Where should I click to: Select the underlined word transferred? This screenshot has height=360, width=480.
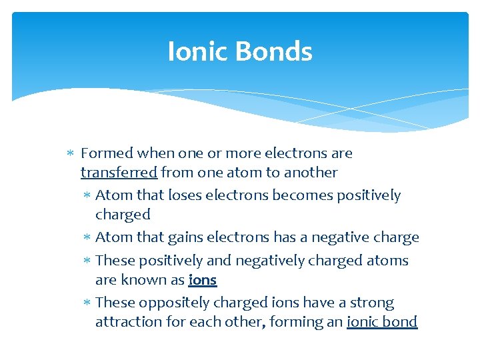click(119, 173)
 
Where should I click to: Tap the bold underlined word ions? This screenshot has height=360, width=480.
click(203, 280)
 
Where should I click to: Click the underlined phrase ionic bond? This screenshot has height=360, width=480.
click(382, 322)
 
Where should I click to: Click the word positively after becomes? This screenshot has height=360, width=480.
click(369, 196)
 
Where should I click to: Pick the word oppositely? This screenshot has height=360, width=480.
click(169, 303)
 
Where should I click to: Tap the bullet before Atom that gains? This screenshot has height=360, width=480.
click(87, 238)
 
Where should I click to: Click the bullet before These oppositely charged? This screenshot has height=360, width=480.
click(87, 303)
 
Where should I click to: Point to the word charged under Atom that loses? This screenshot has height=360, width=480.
click(123, 215)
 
